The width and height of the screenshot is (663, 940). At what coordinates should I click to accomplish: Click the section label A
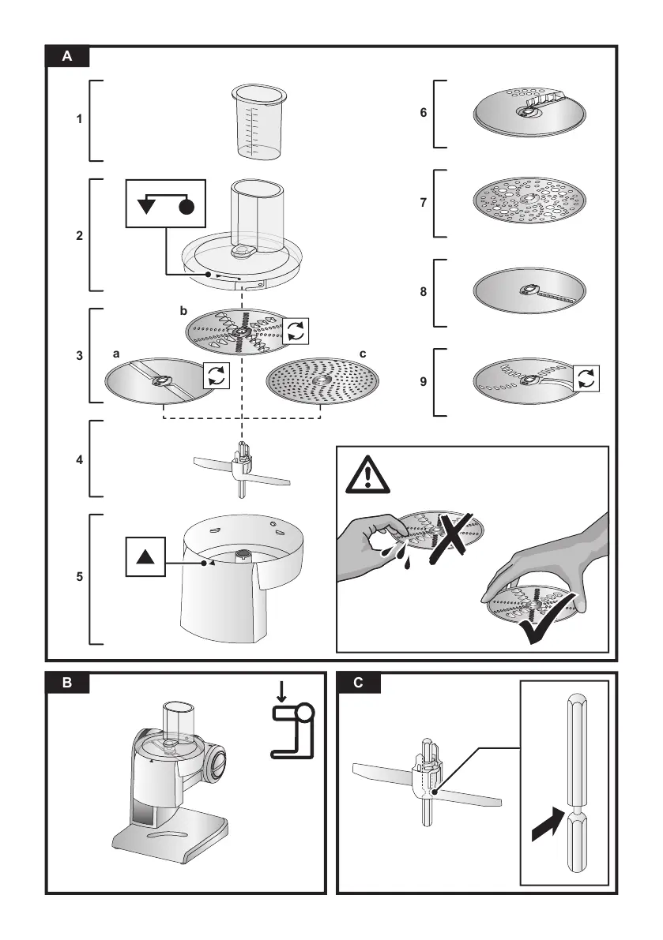[x=67, y=56]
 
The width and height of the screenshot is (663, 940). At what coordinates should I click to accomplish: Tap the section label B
[x=67, y=682]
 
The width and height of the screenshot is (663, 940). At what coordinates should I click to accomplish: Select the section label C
[x=359, y=682]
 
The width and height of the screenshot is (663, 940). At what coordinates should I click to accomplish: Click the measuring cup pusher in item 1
[x=259, y=122]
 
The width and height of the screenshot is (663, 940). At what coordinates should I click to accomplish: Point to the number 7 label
[x=423, y=203]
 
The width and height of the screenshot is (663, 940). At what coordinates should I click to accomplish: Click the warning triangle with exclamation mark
[x=367, y=475]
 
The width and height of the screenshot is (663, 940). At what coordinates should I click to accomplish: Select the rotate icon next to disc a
[x=216, y=375]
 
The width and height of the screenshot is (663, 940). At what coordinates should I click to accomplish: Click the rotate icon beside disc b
[x=296, y=331]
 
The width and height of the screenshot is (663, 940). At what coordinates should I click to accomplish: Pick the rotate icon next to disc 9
[x=586, y=379]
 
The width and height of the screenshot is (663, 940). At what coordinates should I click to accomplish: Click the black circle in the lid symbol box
[x=186, y=208]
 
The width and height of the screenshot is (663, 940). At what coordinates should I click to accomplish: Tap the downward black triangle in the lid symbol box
[x=146, y=207]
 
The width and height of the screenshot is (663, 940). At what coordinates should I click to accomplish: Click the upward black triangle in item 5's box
[x=145, y=557]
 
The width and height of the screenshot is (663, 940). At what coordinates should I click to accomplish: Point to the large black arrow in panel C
[x=547, y=825]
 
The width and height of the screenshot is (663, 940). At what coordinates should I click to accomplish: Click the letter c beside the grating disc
[x=363, y=354]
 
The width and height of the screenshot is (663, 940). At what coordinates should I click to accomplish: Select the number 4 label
[x=79, y=460]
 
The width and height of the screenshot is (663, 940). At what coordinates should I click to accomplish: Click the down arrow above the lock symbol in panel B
[x=281, y=692]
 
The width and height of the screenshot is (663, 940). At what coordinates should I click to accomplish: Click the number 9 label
[x=423, y=381]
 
